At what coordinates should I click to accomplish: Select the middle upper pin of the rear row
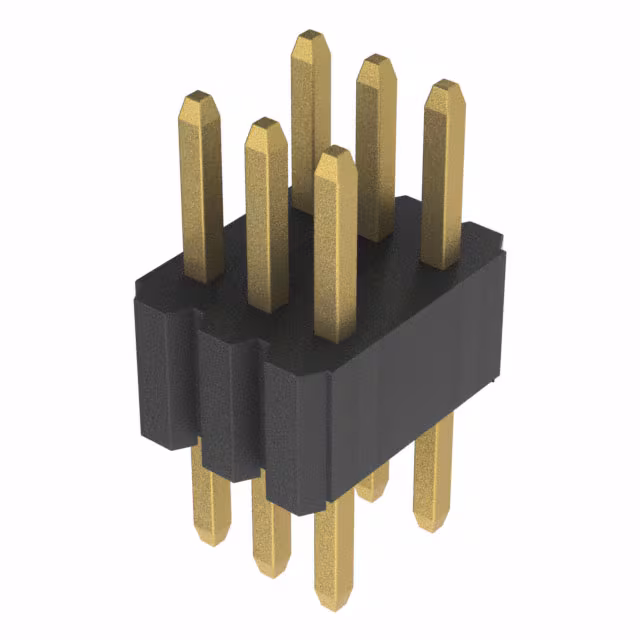tap(376, 150)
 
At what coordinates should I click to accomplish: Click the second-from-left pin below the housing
tap(268, 530)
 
